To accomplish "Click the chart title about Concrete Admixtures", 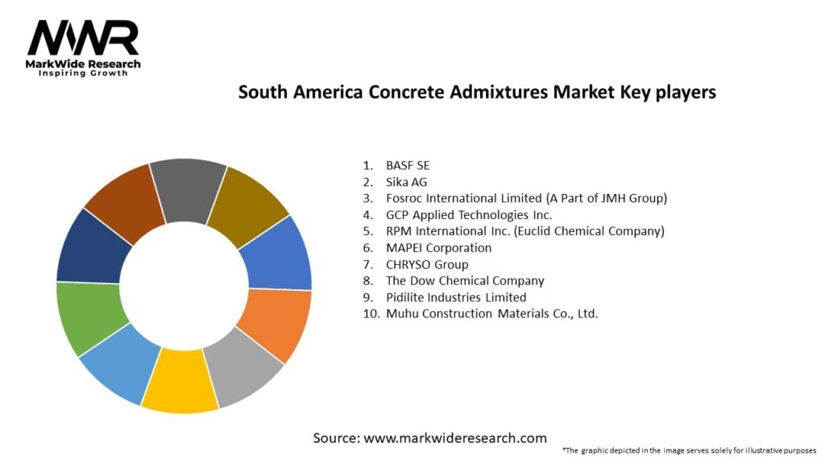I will [x=477, y=92].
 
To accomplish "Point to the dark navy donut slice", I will [x=92, y=246].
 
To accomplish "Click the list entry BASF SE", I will [x=408, y=165].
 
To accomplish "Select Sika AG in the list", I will [x=406, y=181].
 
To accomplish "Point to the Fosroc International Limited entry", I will [x=526, y=198].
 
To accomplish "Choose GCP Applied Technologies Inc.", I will [x=469, y=214].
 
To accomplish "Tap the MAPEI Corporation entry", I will [x=438, y=247].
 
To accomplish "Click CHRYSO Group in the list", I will [x=427, y=264].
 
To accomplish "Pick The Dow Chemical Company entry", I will [x=465, y=280].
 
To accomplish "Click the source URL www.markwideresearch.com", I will [x=429, y=438].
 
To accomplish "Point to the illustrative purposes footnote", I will [x=689, y=449].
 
